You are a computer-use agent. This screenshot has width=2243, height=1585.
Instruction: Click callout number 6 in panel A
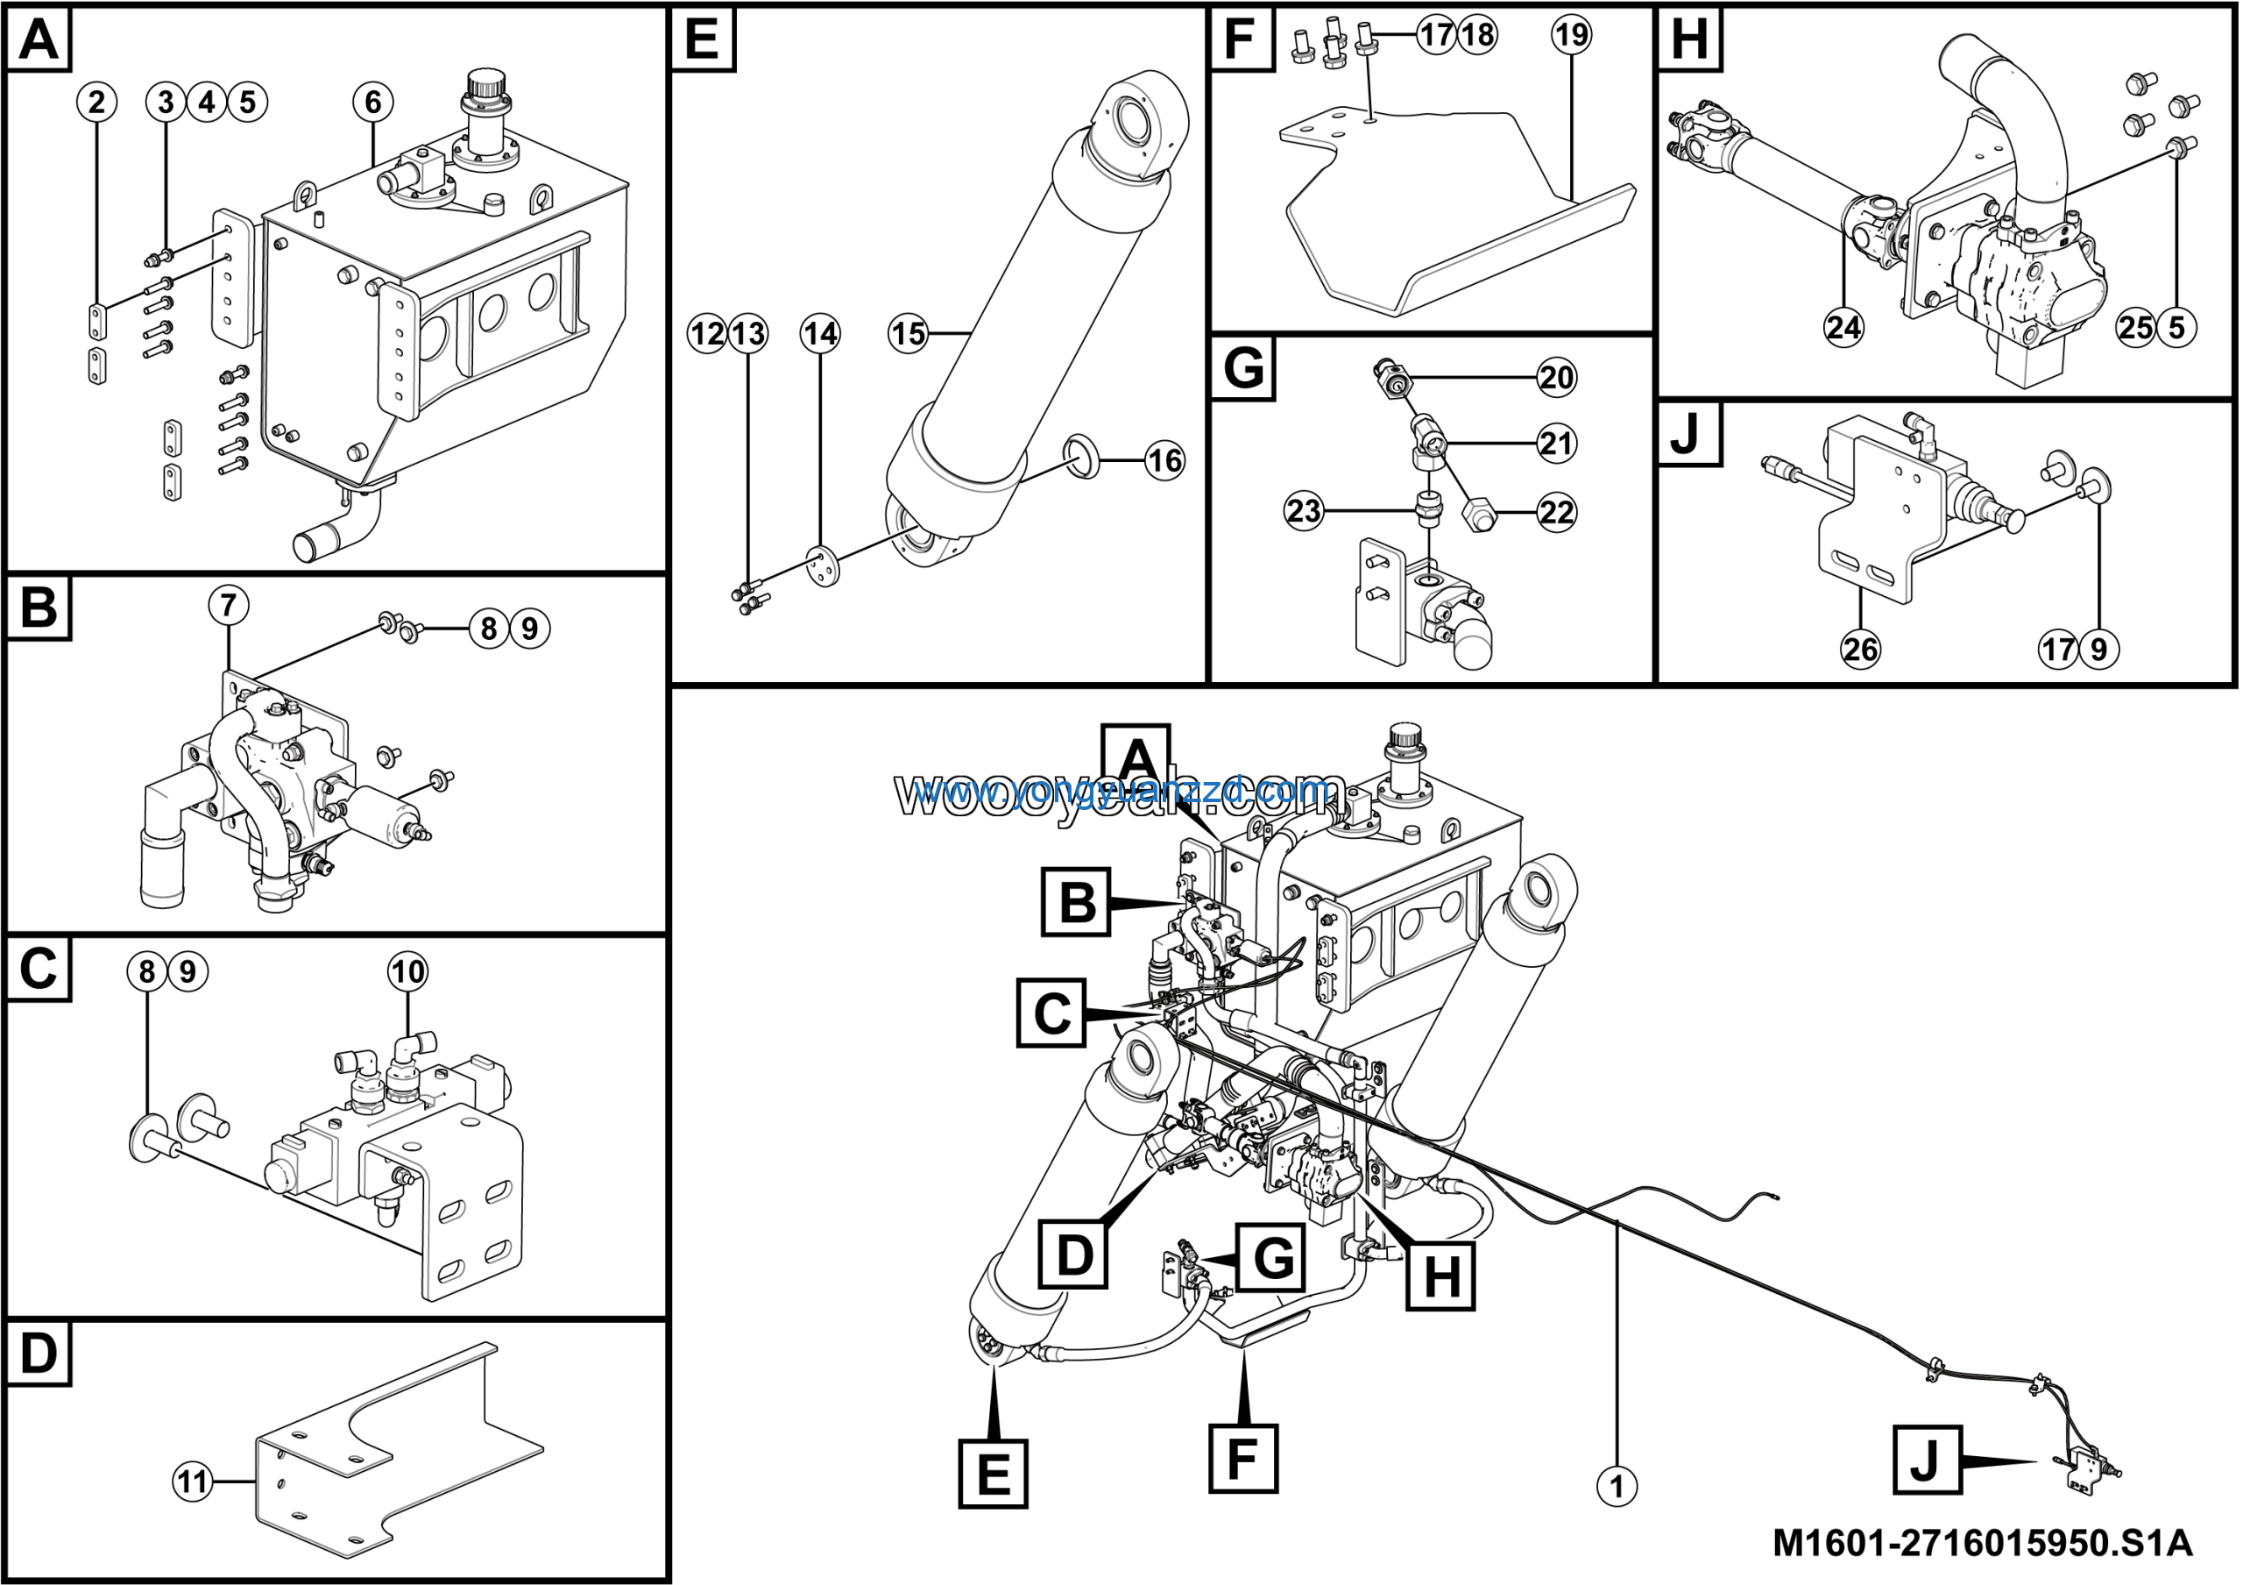click(x=373, y=102)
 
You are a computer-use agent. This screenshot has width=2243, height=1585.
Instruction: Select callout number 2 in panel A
click(x=96, y=102)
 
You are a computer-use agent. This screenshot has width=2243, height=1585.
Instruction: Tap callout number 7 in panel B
click(x=228, y=605)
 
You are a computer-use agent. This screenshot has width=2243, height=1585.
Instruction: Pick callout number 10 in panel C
click(x=407, y=971)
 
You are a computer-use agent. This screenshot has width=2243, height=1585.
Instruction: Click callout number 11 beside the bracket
click(x=193, y=1482)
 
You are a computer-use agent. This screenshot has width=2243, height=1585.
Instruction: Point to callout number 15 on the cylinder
click(x=908, y=333)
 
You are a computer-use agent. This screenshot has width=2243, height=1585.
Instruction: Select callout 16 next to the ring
click(x=1164, y=460)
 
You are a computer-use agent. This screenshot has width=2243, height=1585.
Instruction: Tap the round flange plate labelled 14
click(x=823, y=565)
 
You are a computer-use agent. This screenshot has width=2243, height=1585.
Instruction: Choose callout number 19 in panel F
click(x=1571, y=35)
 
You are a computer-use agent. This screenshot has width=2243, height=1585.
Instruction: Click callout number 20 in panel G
click(x=1556, y=377)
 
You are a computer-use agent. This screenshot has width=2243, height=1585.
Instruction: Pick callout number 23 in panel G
click(x=1303, y=510)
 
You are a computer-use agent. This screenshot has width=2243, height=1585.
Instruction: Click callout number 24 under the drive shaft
click(x=1843, y=326)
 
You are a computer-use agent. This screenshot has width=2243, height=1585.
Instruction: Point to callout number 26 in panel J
click(x=1860, y=649)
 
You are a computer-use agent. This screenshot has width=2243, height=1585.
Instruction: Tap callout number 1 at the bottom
click(x=1617, y=1486)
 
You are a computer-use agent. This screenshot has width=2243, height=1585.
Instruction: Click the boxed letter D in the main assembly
click(x=1074, y=1254)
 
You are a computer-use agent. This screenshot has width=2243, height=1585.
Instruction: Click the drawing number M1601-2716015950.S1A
click(x=1982, y=1544)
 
